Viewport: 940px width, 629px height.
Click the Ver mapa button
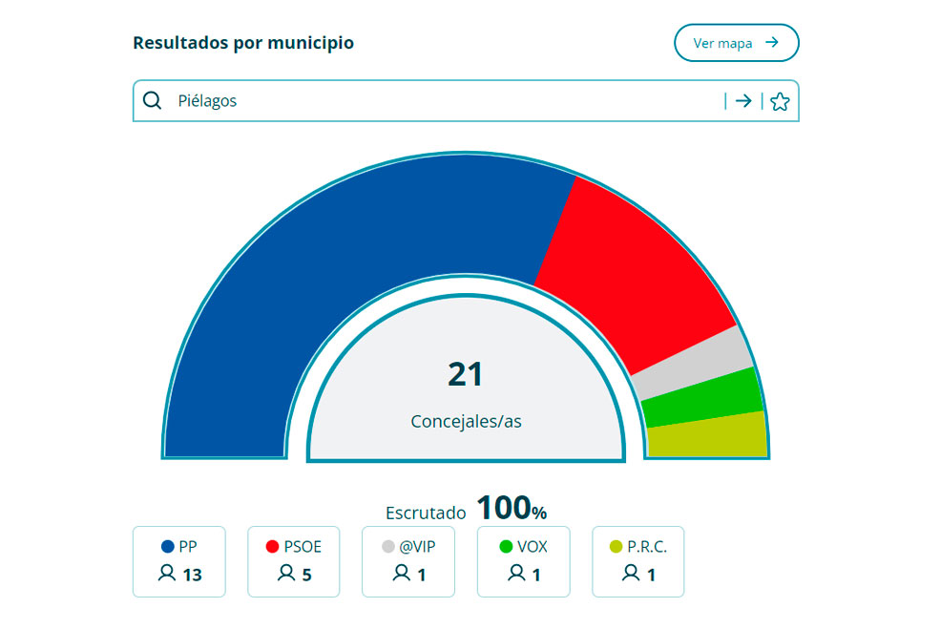736,43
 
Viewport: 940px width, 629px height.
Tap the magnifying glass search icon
152,100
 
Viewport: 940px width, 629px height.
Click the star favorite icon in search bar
780,101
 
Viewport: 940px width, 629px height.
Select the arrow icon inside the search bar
743,101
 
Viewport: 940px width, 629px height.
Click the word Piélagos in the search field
207,101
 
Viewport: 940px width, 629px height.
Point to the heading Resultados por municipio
243,43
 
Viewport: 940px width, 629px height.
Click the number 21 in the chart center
466,374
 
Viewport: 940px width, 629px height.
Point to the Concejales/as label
466,421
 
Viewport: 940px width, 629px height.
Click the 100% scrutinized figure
512,509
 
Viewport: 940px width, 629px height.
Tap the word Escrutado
426,513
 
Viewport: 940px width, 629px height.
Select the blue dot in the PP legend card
168,547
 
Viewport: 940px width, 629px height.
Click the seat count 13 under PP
191,575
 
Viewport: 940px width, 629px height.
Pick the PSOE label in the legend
303,547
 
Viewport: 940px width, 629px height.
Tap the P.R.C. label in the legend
647,547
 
